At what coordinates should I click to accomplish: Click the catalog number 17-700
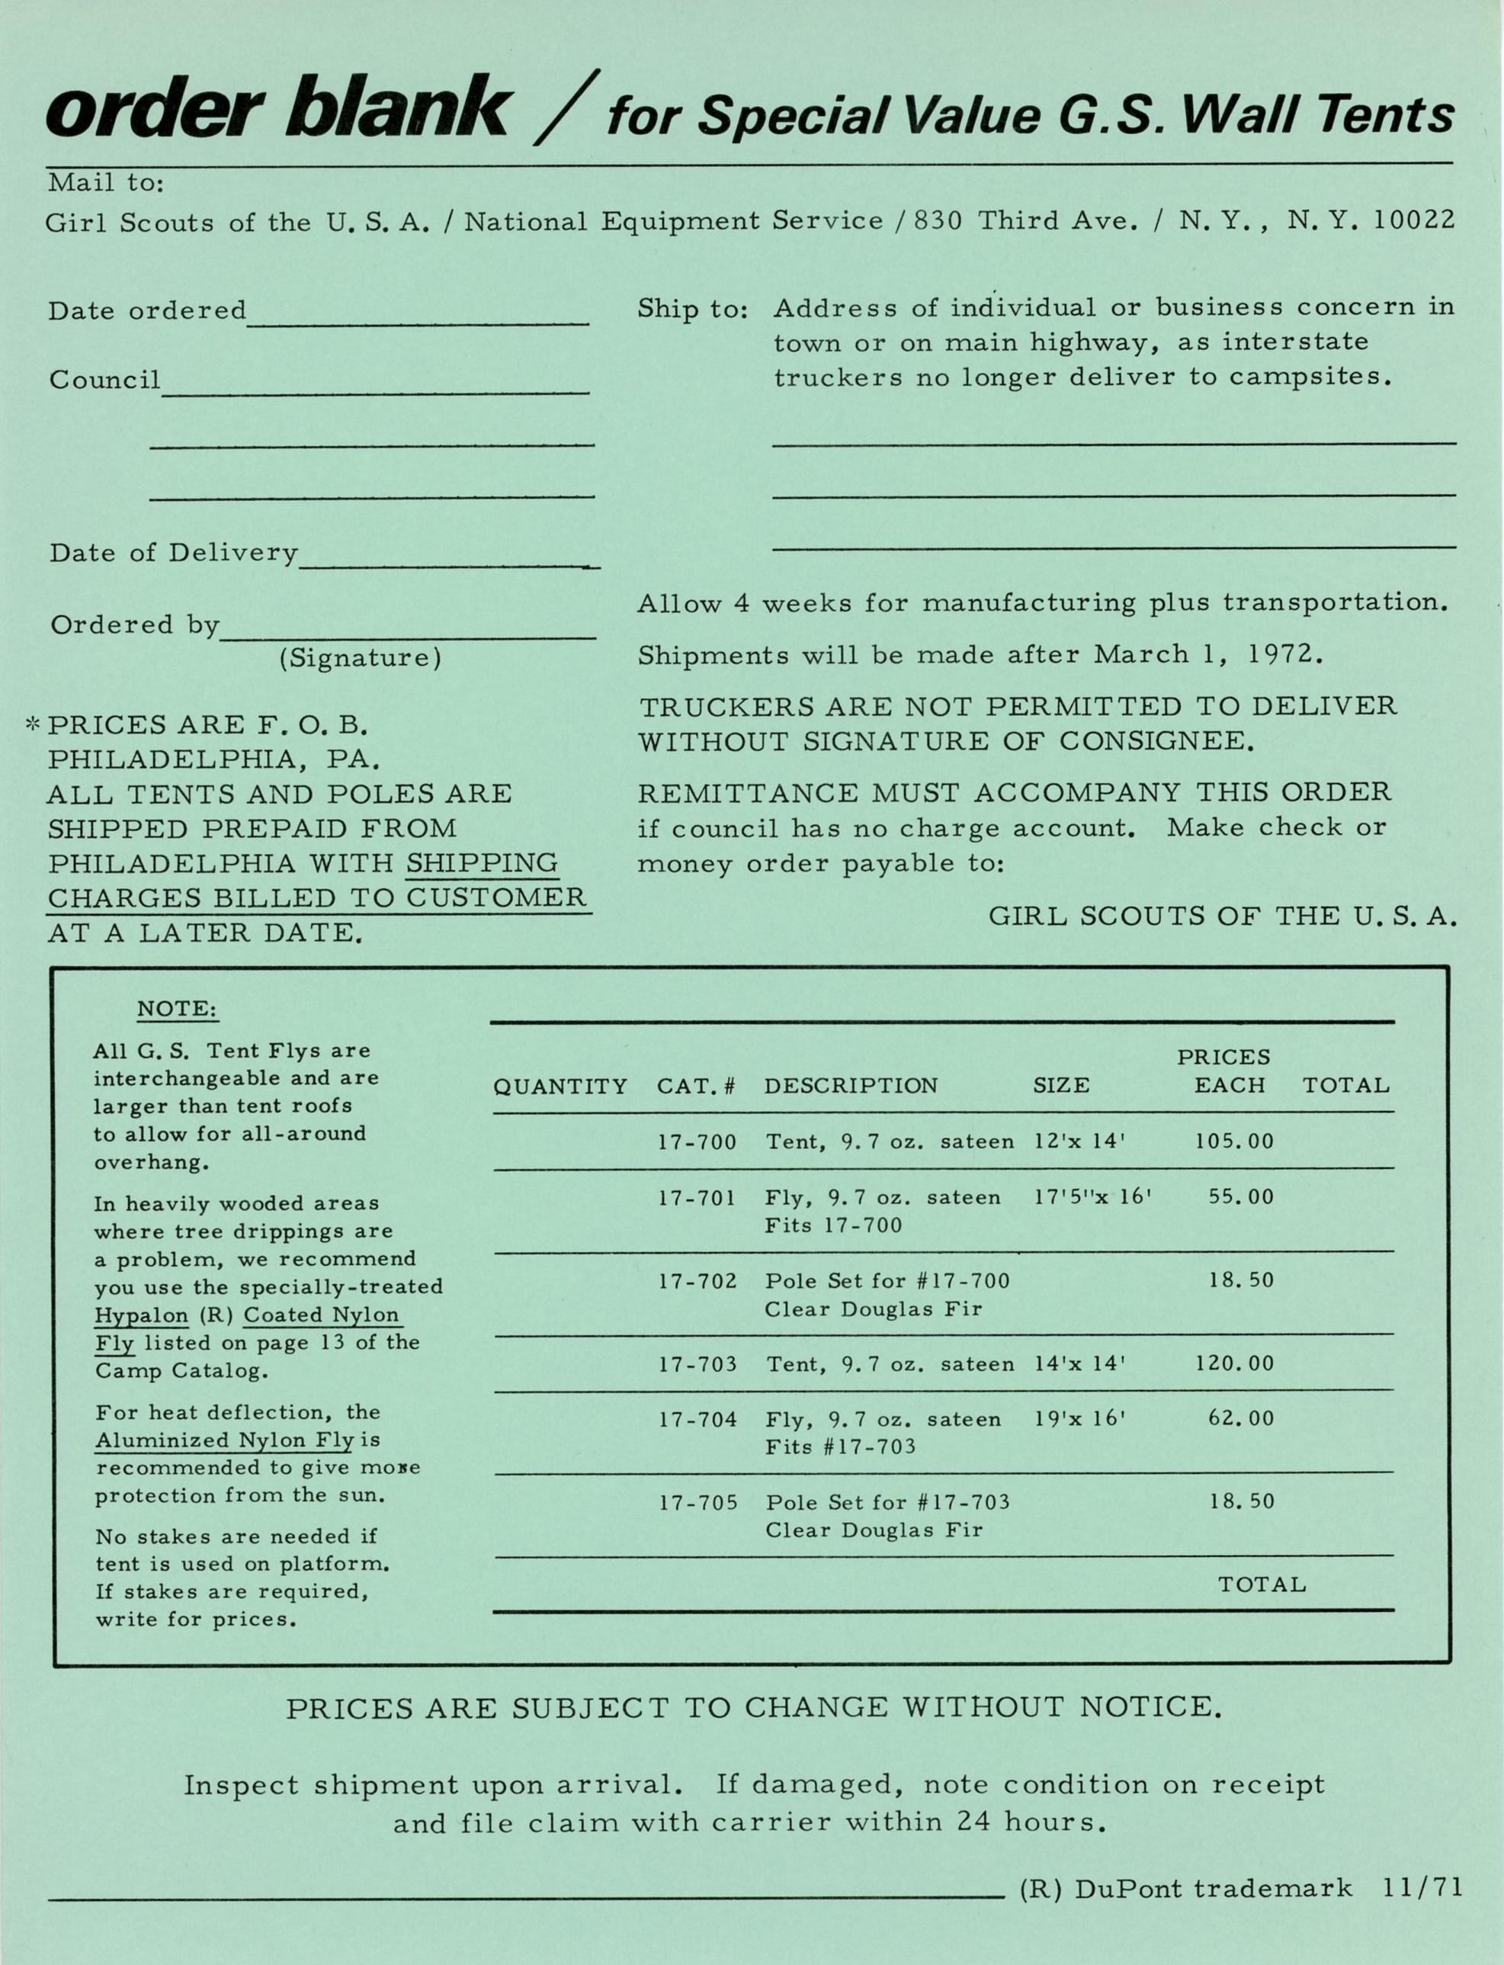[697, 1142]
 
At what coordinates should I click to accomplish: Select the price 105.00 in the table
[1233, 1141]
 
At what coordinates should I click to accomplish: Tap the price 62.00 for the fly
[1241, 1418]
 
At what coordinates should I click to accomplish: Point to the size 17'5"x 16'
[1092, 1196]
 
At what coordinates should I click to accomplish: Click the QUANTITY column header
[560, 1087]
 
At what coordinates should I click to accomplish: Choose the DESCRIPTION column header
[851, 1086]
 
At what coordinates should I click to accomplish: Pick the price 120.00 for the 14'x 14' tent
[1233, 1363]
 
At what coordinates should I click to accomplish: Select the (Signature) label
[360, 659]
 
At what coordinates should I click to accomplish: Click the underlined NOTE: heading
[178, 1010]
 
